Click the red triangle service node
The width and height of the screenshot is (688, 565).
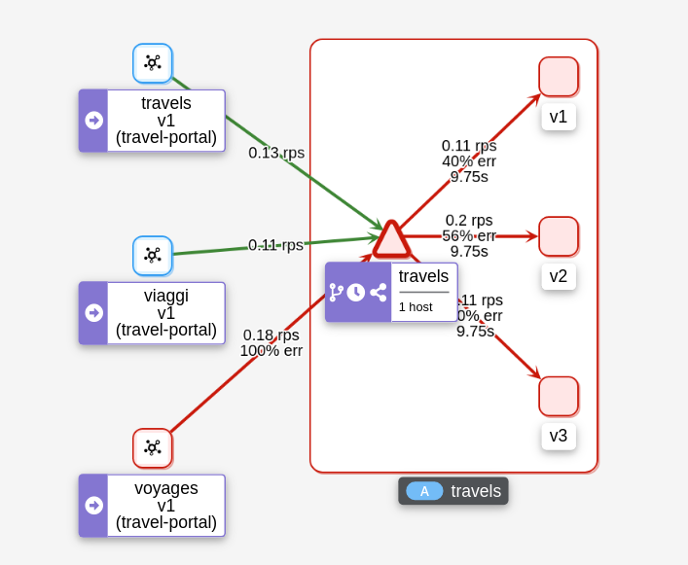tap(391, 240)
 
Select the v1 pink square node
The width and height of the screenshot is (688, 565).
tap(559, 77)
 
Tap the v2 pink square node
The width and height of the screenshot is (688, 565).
tap(559, 236)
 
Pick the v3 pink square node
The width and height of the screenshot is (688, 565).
tap(559, 396)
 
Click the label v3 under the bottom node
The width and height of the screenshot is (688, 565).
tap(559, 436)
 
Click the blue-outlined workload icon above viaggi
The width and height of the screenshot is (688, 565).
tap(153, 256)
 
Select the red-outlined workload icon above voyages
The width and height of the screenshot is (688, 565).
tap(153, 448)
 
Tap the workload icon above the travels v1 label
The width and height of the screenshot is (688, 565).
tap(153, 63)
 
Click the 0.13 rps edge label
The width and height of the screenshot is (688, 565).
tap(276, 153)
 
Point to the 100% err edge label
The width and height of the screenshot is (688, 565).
tap(272, 351)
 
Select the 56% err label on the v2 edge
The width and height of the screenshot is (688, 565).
tap(469, 235)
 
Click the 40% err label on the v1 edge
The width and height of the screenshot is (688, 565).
tap(469, 161)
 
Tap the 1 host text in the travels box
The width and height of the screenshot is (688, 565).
tap(416, 307)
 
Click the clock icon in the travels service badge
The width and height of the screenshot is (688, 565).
tap(356, 292)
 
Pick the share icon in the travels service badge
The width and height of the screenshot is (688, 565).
tap(379, 292)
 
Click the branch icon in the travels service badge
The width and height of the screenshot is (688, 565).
tap(336, 292)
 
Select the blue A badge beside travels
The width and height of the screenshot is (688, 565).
tap(424, 491)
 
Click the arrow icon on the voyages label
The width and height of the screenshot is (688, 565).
tap(94, 506)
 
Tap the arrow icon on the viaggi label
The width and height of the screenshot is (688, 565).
tap(94, 313)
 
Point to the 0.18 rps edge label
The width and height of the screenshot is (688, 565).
tap(272, 335)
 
